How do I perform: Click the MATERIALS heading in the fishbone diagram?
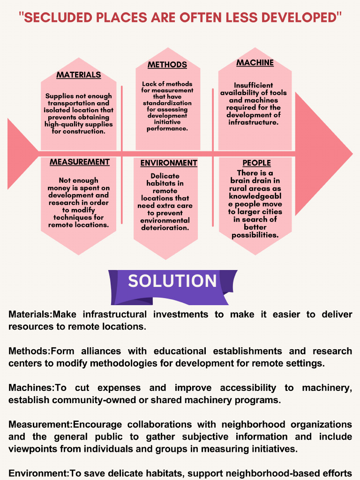pyautogui.click(x=78, y=75)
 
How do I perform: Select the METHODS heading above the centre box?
pyautogui.click(x=167, y=65)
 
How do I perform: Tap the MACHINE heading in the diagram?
pyautogui.click(x=255, y=63)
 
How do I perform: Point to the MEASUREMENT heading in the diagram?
pyautogui.click(x=80, y=162)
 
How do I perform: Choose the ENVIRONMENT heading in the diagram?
pyautogui.click(x=169, y=163)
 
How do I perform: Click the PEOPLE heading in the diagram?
pyautogui.click(x=256, y=163)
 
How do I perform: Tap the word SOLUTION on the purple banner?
pyautogui.click(x=172, y=281)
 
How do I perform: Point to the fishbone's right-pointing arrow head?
pyautogui.click(x=323, y=153)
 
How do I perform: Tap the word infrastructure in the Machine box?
pyautogui.click(x=254, y=122)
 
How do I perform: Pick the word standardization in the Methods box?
pyautogui.click(x=167, y=103)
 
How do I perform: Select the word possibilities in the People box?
pyautogui.click(x=255, y=234)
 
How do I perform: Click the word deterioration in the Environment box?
pyautogui.click(x=165, y=228)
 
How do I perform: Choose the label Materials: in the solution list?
pyautogui.click(x=31, y=315)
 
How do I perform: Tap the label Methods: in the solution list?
pyautogui.click(x=29, y=351)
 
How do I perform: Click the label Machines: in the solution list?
pyautogui.click(x=31, y=388)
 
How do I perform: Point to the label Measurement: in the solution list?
pyautogui.click(x=40, y=424)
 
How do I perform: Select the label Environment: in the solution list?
pyautogui.click(x=38, y=473)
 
